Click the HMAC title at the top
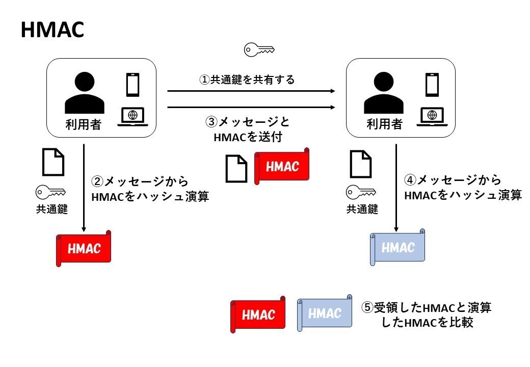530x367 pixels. click(52, 30)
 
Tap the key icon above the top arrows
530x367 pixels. click(259, 49)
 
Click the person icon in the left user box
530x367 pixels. click(84, 94)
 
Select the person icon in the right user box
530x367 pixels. click(383, 94)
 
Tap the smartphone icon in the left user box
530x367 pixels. click(132, 85)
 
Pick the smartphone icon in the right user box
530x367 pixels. click(432, 85)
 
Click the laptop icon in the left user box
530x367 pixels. click(132, 117)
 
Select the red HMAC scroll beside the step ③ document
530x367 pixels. click(282, 166)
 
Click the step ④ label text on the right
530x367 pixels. click(462, 188)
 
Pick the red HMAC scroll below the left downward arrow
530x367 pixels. click(84, 249)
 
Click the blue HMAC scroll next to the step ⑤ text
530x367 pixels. click(325, 312)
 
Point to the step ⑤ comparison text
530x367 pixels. click(427, 315)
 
